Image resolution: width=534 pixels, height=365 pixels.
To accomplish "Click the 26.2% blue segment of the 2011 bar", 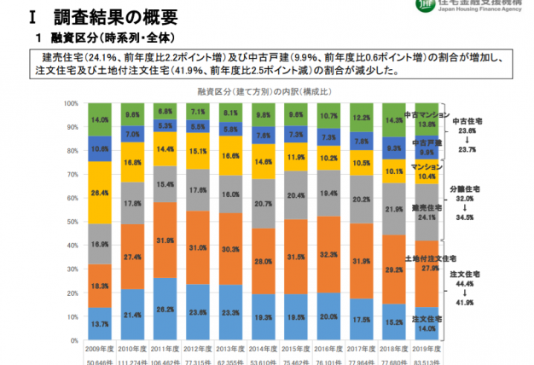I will click(x=166, y=310).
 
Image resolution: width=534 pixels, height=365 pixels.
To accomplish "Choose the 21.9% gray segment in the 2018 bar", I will click(x=394, y=208).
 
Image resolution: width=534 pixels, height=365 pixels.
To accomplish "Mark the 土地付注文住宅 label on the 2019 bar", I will click(x=428, y=257).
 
